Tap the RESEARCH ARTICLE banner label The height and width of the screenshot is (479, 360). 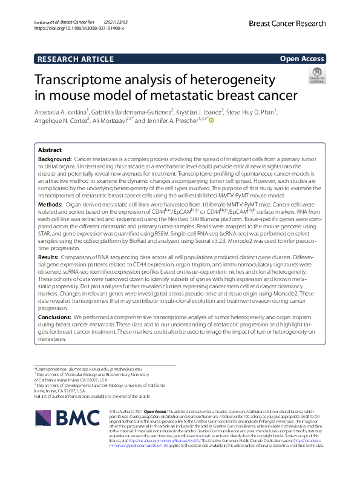[x=74, y=59]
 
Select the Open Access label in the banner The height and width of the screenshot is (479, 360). [x=302, y=59]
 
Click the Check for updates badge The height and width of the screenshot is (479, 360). [x=316, y=76]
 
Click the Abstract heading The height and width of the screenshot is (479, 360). [x=50, y=150]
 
